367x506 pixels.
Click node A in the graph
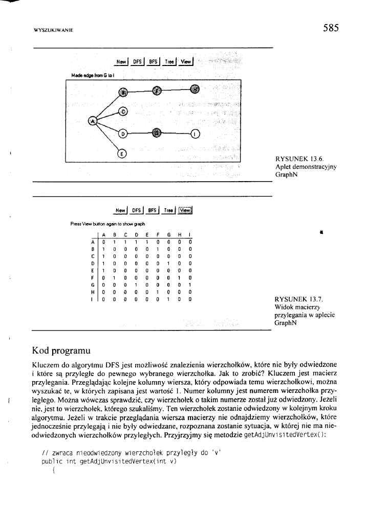(x=92, y=121)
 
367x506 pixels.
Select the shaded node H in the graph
(x=194, y=89)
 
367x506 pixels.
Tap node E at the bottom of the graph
(x=122, y=152)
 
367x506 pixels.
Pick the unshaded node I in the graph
(x=195, y=135)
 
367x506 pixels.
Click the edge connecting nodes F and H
(x=176, y=90)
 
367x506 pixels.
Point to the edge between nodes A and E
(x=107, y=137)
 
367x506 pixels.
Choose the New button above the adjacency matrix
(x=121, y=210)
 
